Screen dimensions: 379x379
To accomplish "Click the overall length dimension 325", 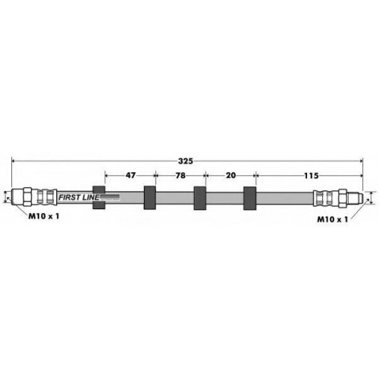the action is [186, 161].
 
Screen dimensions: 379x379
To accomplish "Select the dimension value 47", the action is [130, 175].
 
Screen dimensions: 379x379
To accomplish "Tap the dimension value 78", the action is [180, 175].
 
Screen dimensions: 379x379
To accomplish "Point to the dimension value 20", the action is [230, 175].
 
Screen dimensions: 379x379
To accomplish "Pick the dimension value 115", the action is [311, 175].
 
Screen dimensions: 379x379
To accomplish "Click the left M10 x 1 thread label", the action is [44, 216].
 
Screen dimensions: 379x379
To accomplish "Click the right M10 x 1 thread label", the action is [333, 219].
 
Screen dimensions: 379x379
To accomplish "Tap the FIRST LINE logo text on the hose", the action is [79, 197].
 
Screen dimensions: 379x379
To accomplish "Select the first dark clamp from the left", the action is [99, 198].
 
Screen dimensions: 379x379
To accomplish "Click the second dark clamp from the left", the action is [149, 198].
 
